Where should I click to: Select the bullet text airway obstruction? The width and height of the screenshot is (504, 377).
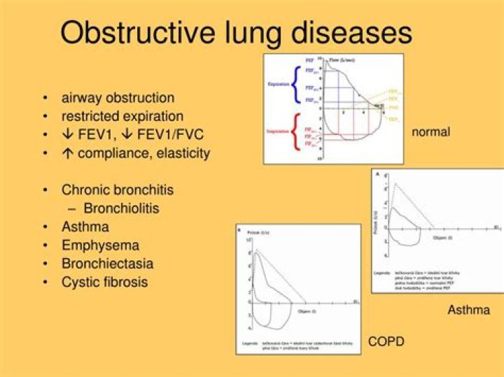point(118,98)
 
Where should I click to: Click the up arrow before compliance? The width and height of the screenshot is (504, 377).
point(66,152)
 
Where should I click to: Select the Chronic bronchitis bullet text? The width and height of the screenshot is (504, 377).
point(117,190)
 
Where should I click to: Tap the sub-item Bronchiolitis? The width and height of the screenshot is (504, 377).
point(121,208)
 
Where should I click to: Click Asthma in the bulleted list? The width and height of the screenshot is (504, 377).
point(85,227)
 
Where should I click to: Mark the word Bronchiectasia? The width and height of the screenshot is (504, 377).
point(107,264)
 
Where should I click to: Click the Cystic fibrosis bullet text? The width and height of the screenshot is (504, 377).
point(104,283)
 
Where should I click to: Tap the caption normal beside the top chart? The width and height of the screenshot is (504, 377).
point(431,131)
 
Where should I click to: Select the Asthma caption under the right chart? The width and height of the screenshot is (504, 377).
point(468,309)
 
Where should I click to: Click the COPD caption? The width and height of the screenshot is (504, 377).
point(386,341)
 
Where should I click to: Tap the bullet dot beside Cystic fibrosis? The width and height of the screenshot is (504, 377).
point(45,283)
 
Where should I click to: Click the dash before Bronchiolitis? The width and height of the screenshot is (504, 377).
point(72,208)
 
